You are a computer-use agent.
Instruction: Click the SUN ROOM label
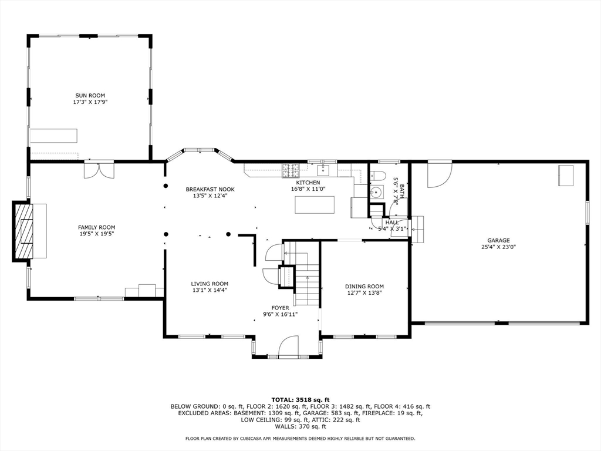90,96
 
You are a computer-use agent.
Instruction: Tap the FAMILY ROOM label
97,227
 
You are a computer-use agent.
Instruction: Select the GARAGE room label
499,240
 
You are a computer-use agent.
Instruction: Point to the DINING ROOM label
364,287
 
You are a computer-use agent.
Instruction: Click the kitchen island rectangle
315,205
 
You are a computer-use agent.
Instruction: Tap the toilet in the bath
377,176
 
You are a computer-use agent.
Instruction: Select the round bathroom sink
376,191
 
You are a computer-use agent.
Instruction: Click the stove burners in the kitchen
291,171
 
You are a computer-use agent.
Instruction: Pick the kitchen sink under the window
323,169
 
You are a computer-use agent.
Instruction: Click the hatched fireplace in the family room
23,231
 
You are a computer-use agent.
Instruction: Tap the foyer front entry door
288,346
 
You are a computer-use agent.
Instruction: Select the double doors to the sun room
99,171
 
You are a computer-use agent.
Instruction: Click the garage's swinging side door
439,175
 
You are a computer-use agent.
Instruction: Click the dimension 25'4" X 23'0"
499,247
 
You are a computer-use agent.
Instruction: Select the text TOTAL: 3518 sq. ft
300,399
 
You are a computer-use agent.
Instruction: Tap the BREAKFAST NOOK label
210,190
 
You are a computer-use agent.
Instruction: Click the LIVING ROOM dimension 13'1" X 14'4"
210,290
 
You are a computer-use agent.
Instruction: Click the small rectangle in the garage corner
566,176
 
